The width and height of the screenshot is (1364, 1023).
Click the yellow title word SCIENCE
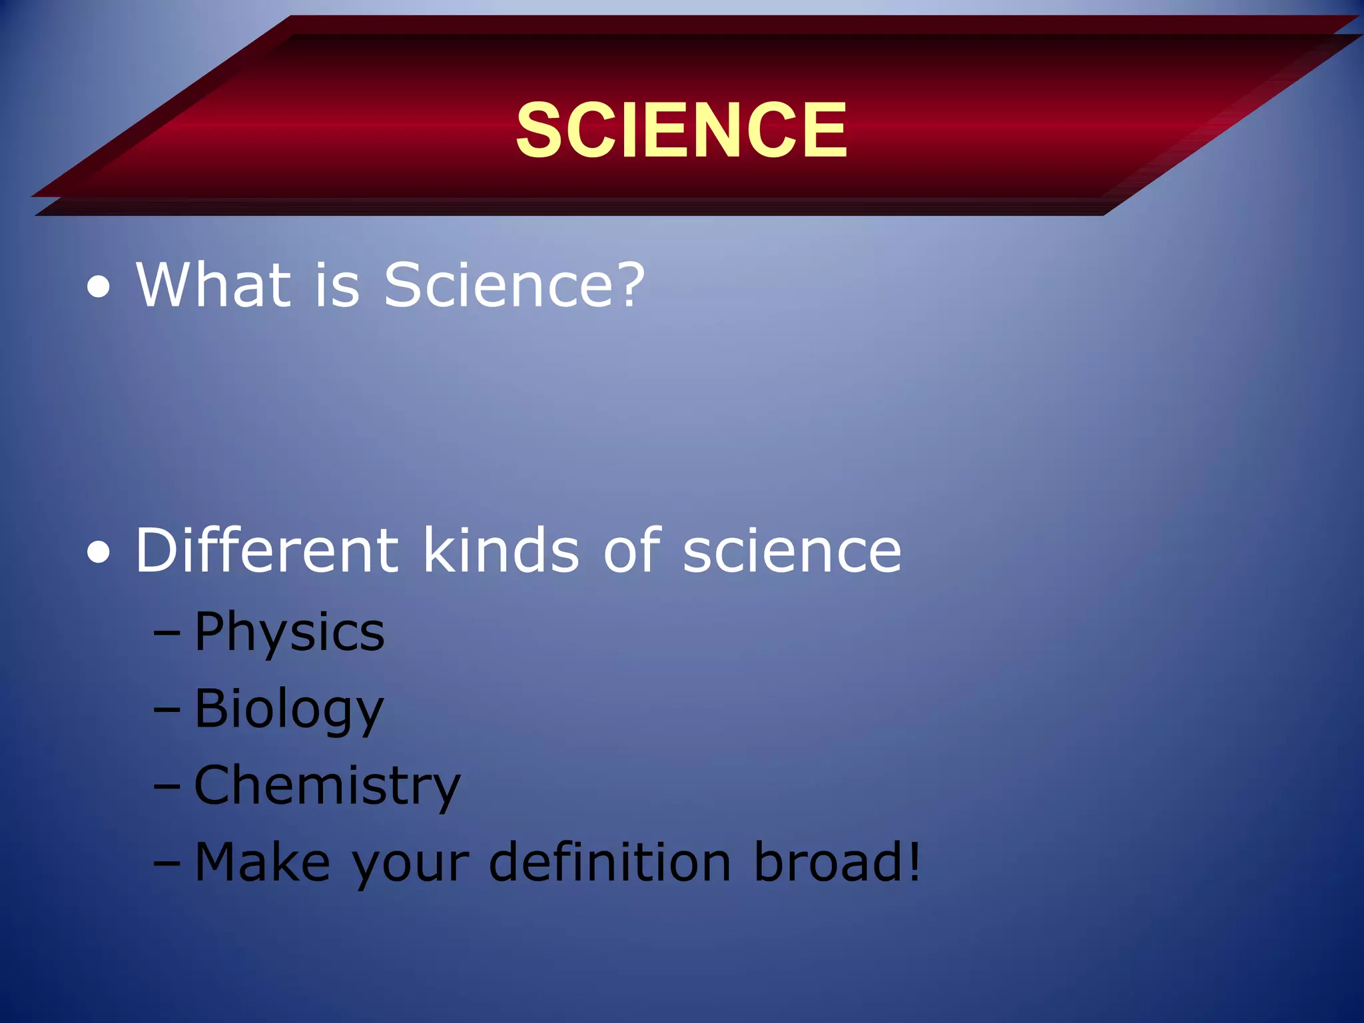pos(681,130)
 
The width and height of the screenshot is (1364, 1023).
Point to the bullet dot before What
pos(99,288)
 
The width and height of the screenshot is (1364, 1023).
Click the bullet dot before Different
pos(99,553)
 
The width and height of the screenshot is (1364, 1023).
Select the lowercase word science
pos(792,551)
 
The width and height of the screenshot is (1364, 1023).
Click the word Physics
pos(289,633)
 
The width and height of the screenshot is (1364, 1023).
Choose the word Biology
pos(289,710)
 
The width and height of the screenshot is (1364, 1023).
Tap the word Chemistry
pos(327,787)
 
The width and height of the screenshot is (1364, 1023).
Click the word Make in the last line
pos(262,862)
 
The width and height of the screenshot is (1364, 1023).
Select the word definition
pos(610,862)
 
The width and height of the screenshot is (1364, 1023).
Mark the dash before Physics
pos(167,633)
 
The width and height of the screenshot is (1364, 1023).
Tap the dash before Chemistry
pos(167,787)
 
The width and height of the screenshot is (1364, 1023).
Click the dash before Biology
pos(167,710)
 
